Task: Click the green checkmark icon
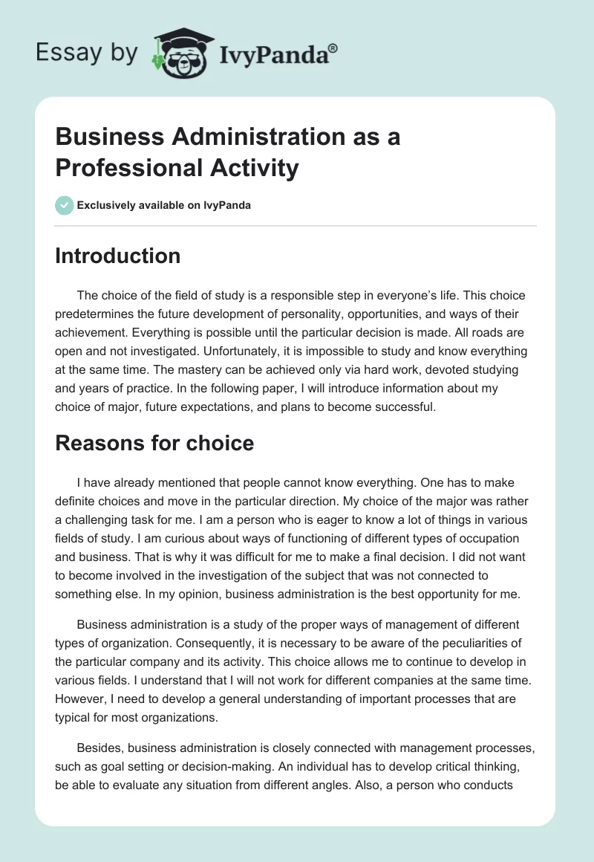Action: tap(64, 205)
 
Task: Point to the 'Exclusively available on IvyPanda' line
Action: tap(164, 205)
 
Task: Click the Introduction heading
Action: tap(118, 256)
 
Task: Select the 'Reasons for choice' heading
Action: tap(154, 444)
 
